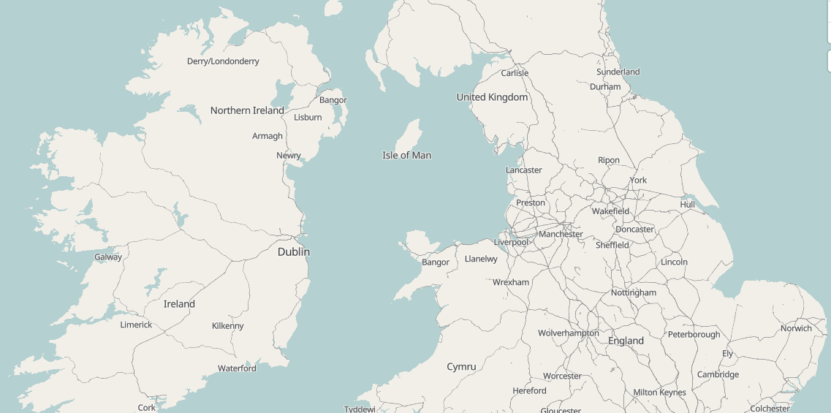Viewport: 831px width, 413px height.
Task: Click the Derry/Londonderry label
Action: [x=223, y=61]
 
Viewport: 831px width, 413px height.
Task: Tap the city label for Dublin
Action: [x=293, y=251]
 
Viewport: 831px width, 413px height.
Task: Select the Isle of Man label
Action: [x=406, y=155]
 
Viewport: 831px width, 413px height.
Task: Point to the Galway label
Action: [x=108, y=257]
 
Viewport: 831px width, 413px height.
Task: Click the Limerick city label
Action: [x=136, y=325]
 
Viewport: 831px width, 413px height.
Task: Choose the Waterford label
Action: [x=237, y=368]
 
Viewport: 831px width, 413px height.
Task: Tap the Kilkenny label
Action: [x=227, y=326]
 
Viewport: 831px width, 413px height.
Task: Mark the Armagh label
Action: [x=267, y=136]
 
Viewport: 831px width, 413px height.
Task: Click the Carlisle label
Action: [x=515, y=73]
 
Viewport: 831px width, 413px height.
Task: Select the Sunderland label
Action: [x=618, y=72]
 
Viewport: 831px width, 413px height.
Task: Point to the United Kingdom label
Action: [x=492, y=97]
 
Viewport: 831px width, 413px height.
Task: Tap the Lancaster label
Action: [x=523, y=170]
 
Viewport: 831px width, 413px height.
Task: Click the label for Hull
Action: [x=687, y=205]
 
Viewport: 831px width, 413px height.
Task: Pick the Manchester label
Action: [x=561, y=234]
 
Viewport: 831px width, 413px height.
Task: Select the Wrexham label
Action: [x=510, y=282]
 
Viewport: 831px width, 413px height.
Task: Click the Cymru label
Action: [x=461, y=366]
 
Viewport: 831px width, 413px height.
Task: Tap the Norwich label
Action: [x=796, y=328]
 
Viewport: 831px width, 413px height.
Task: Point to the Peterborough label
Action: [x=694, y=335]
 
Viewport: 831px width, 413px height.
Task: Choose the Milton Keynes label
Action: [x=659, y=393]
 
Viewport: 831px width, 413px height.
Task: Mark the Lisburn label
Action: [x=308, y=117]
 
